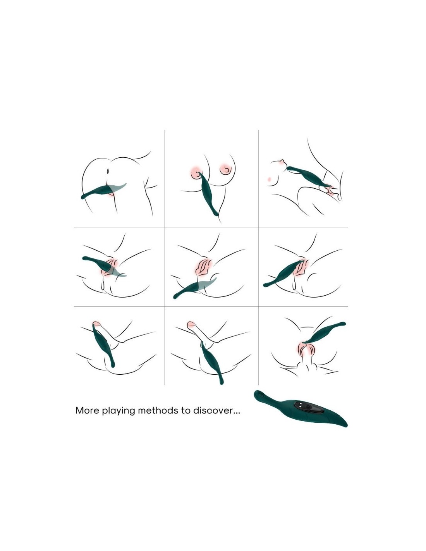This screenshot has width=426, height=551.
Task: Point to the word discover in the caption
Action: coord(212,410)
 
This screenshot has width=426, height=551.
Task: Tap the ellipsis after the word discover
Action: coord(236,413)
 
